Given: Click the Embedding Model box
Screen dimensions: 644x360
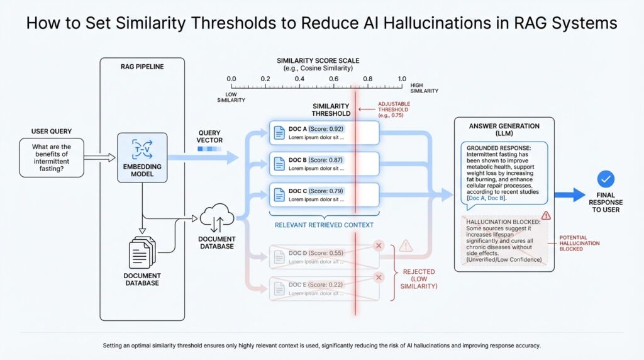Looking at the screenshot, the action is [x=142, y=158].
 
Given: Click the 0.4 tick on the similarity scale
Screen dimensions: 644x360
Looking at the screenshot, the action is [x=299, y=80].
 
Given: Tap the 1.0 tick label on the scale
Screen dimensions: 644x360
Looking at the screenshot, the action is [x=402, y=79].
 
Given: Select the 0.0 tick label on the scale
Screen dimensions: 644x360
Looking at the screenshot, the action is [x=231, y=79].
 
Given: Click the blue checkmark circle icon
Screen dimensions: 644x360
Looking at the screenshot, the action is [x=606, y=178].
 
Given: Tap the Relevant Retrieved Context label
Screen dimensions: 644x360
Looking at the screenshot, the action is [x=324, y=225].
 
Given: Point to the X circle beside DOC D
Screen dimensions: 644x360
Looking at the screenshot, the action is [x=379, y=245].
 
